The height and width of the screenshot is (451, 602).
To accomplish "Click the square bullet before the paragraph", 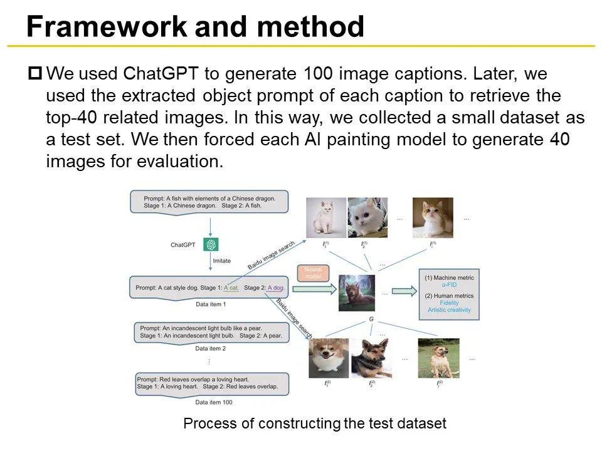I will point(35,74).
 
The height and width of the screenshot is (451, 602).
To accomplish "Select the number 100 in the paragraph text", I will point(321,74).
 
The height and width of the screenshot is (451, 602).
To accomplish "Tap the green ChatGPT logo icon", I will point(211,244).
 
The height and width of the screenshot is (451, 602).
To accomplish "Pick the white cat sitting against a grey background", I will point(326,217).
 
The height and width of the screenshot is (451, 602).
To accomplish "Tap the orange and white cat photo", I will point(432,217).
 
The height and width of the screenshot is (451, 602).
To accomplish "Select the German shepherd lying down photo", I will point(371,359).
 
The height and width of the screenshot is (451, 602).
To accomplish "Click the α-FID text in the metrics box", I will point(450,286).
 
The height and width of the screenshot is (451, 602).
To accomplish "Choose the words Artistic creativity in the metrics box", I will point(449,310).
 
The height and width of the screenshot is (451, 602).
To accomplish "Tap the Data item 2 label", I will point(211,348).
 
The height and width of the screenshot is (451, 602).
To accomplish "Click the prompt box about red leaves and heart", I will point(211,383).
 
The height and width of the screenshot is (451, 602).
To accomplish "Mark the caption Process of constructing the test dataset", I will point(314,423).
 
